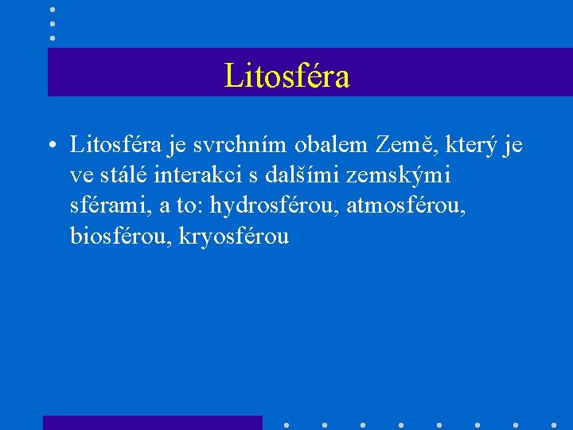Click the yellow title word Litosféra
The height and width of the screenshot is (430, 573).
(287, 76)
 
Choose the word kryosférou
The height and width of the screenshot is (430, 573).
(235, 236)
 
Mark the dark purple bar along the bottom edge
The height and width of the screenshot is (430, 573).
(152, 422)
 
